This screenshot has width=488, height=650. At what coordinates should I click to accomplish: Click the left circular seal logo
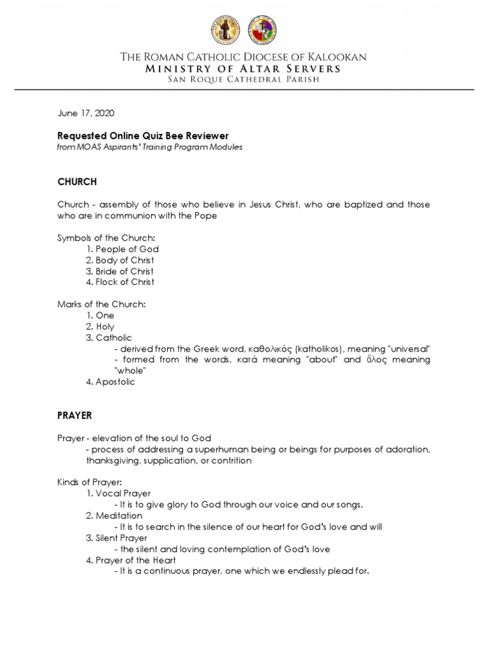[226, 30]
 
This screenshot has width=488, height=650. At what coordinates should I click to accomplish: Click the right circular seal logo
[262, 30]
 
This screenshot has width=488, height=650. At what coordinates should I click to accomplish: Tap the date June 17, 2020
[86, 114]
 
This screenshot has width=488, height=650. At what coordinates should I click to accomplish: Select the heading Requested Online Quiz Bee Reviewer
[142, 136]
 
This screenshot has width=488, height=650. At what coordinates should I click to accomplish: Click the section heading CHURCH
[77, 182]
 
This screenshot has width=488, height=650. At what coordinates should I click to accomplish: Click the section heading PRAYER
[75, 416]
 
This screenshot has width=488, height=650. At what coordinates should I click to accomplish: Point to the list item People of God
[127, 249]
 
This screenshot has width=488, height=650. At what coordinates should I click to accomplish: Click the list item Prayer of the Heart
[135, 560]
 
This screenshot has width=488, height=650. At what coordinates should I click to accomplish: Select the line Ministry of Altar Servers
[244, 68]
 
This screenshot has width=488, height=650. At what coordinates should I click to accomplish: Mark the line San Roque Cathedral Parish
[244, 79]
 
